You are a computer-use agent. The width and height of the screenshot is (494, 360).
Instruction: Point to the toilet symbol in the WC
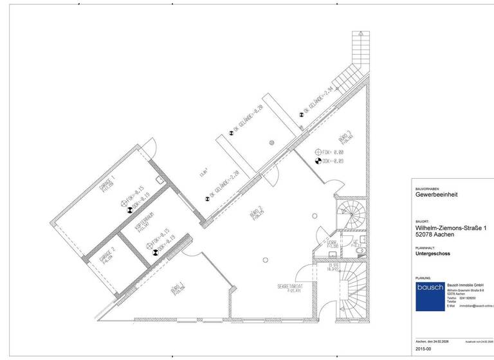pyautogui.click(x=361, y=249)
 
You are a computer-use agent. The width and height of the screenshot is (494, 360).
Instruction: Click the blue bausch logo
pyautogui.click(x=429, y=296)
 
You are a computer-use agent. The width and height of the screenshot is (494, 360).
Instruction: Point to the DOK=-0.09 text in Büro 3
pyautogui.click(x=332, y=161)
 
